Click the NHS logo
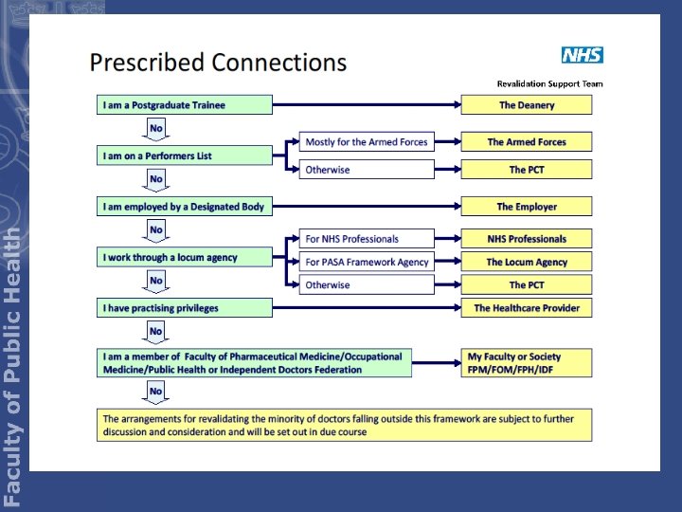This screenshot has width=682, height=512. [x=582, y=55]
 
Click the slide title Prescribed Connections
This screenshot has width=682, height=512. [x=218, y=63]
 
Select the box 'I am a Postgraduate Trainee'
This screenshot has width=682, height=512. [x=184, y=105]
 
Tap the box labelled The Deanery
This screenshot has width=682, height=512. [x=527, y=105]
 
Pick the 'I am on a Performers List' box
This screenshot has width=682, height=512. [x=184, y=155]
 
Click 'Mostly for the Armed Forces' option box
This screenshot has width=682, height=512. [x=367, y=142]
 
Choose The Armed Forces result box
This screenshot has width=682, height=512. [x=527, y=142]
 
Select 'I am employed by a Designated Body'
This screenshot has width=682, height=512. [x=184, y=207]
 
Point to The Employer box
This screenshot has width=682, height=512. [x=527, y=207]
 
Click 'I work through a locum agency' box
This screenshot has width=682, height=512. [x=184, y=257]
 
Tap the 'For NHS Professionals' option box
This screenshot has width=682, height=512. [x=367, y=239]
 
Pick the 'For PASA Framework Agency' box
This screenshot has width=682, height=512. [x=367, y=262]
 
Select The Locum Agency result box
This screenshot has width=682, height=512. [x=527, y=262]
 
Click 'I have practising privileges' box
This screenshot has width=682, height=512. [x=184, y=308]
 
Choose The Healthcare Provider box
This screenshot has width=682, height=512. [x=527, y=308]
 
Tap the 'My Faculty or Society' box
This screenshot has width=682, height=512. [x=527, y=363]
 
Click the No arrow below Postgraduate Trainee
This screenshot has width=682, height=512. [x=155, y=129]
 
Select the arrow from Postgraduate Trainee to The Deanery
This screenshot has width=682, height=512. [x=366, y=105]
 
